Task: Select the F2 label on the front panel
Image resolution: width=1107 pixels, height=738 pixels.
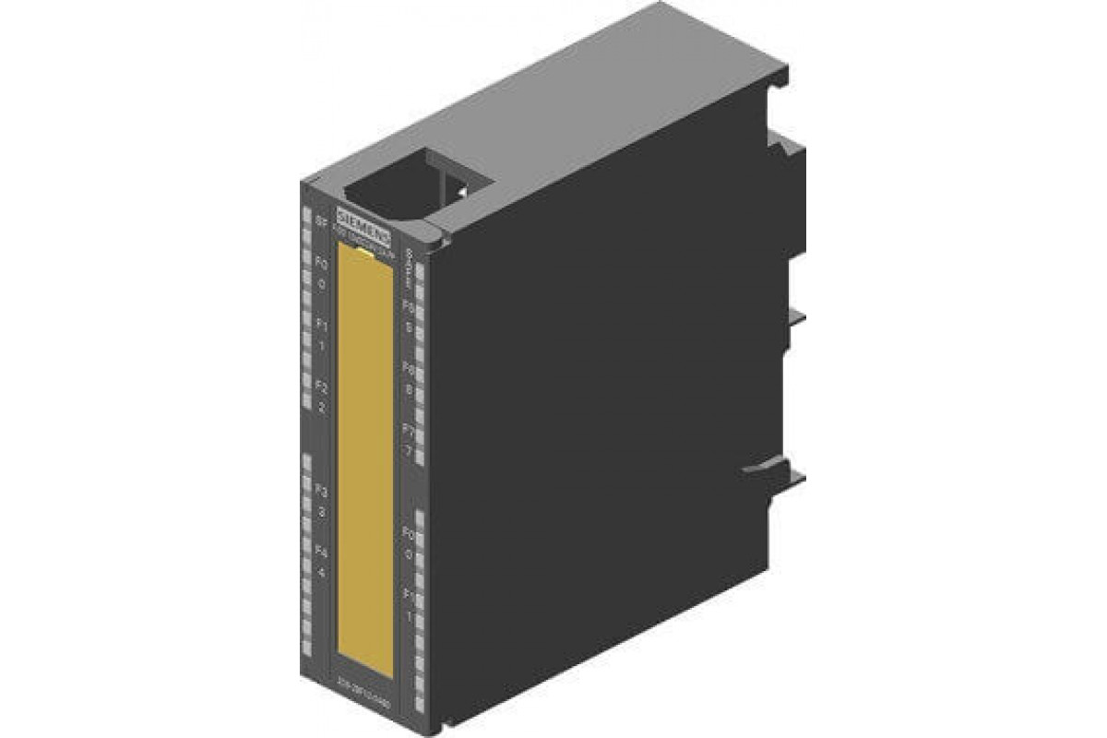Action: click(x=321, y=386)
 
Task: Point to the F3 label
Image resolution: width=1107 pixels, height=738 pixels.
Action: click(x=321, y=490)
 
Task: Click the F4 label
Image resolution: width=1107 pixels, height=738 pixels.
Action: click(x=321, y=552)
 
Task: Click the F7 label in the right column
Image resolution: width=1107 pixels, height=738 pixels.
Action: click(x=407, y=430)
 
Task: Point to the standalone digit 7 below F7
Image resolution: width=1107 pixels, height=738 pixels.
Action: click(x=407, y=450)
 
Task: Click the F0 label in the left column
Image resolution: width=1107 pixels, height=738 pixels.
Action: click(x=321, y=264)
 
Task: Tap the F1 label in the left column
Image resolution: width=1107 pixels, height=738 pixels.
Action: click(x=321, y=325)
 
